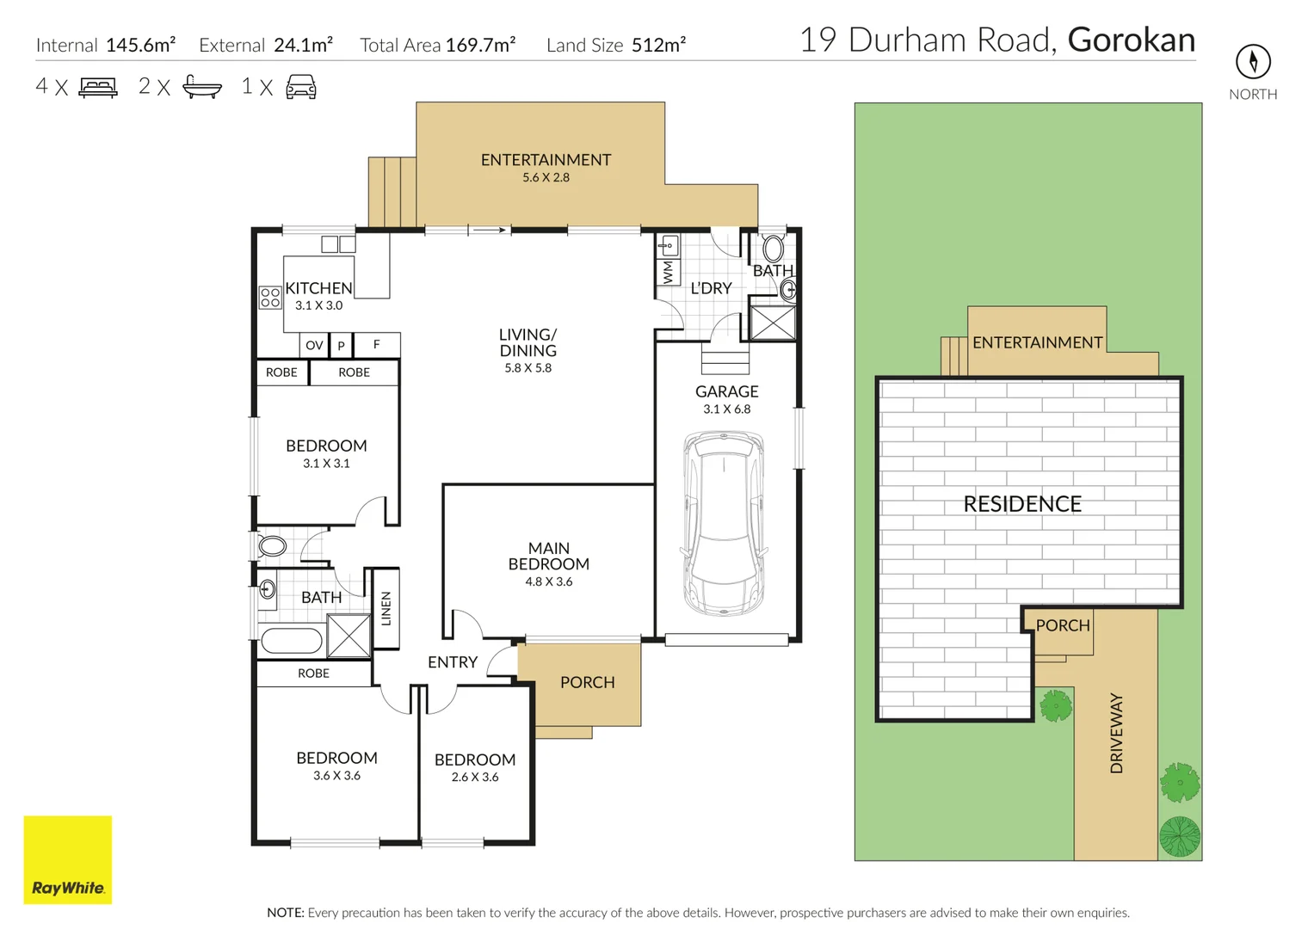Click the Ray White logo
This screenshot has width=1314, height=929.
pyautogui.click(x=68, y=859)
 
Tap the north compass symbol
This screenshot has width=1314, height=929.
pyautogui.click(x=1253, y=61)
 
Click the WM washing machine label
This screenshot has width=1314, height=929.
pyautogui.click(x=668, y=273)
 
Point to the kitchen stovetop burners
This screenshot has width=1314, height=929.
pyautogui.click(x=270, y=298)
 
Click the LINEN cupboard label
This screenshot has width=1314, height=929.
pyautogui.click(x=386, y=608)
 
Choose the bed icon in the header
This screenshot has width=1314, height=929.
pyautogui.click(x=98, y=87)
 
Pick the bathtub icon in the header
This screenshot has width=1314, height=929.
pyautogui.click(x=202, y=87)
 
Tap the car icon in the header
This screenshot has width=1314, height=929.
pyautogui.click(x=301, y=87)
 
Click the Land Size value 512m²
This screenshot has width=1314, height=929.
pyautogui.click(x=658, y=45)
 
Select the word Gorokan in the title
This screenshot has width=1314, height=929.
pyautogui.click(x=1131, y=40)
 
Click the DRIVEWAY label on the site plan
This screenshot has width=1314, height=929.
pyautogui.click(x=1116, y=733)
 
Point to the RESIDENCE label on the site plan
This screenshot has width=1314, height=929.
pyautogui.click(x=1022, y=504)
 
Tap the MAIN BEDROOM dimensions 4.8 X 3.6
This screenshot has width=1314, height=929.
pyautogui.click(x=548, y=581)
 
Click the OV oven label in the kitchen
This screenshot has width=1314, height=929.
pyautogui.click(x=314, y=345)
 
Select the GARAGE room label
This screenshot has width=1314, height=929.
pyautogui.click(x=726, y=391)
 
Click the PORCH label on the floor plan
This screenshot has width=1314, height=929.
pyautogui.click(x=587, y=682)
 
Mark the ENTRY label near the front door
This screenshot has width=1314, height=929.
pyautogui.click(x=452, y=662)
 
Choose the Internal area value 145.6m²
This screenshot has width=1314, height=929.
pyautogui.click(x=140, y=45)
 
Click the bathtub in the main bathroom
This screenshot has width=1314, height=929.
pyautogui.click(x=291, y=640)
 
